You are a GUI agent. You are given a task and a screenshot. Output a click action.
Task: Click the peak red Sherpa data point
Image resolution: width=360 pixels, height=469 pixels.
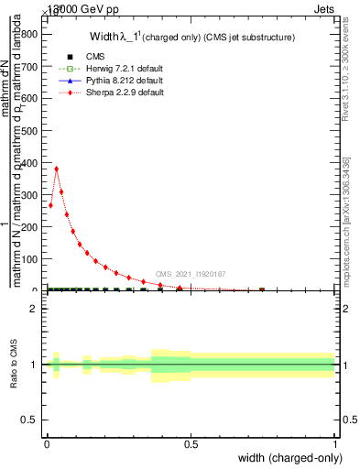click(57, 169)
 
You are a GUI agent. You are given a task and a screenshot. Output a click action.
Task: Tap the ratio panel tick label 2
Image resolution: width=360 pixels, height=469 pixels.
click(34, 309)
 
